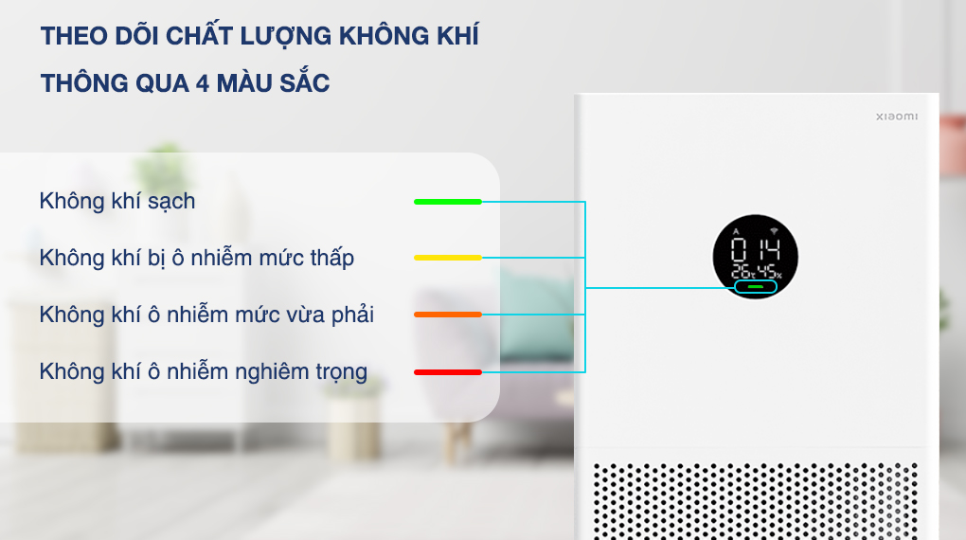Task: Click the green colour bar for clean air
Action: pyautogui.click(x=448, y=202)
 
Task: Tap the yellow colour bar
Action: pyautogui.click(x=448, y=258)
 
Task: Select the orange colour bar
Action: pyautogui.click(x=448, y=315)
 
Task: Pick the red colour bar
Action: pyautogui.click(x=448, y=371)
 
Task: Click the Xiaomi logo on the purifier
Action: pyautogui.click(x=896, y=117)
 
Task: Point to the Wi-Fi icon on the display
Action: pyautogui.click(x=773, y=231)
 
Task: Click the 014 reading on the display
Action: pyautogui.click(x=755, y=251)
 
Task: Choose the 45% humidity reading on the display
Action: pyautogui.click(x=770, y=271)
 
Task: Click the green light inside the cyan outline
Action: pyautogui.click(x=755, y=287)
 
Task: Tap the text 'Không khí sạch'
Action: pyautogui.click(x=117, y=201)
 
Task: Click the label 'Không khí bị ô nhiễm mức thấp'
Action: pyautogui.click(x=197, y=258)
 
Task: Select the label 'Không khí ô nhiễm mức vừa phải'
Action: pyautogui.click(x=206, y=315)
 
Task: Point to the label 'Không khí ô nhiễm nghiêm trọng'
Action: pyautogui.click(x=203, y=371)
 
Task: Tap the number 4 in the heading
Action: pyautogui.click(x=202, y=83)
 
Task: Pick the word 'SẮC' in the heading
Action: pyautogui.click(x=304, y=82)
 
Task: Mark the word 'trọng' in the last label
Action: pyautogui.click(x=341, y=372)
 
